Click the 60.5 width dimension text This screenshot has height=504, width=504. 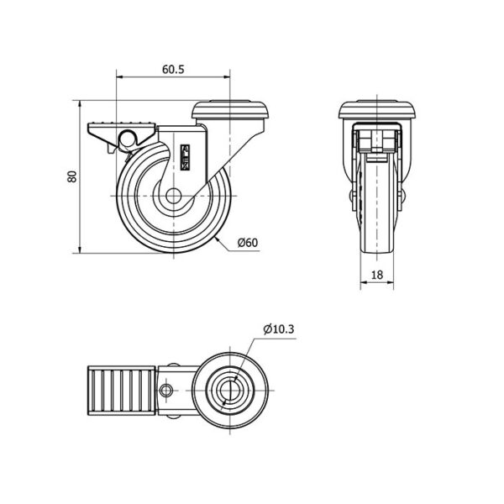click(173, 69)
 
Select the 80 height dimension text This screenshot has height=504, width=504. click(72, 176)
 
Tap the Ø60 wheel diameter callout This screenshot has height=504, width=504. click(248, 243)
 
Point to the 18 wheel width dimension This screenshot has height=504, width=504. click(377, 275)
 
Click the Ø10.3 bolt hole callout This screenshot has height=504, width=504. click(279, 329)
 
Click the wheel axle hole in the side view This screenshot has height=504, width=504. click(174, 196)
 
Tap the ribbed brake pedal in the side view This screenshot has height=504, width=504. click(122, 129)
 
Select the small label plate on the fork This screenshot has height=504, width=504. click(186, 157)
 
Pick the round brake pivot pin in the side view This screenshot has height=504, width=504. click(129, 139)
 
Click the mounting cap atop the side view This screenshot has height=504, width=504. click(229, 110)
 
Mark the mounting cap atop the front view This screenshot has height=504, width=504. click(377, 110)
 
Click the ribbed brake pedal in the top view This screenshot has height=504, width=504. click(123, 391)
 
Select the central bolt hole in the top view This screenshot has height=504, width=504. click(230, 391)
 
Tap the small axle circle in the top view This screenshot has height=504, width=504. click(165, 391)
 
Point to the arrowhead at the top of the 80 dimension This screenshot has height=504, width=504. click(80, 104)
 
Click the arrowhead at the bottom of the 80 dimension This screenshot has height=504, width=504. click(80, 249)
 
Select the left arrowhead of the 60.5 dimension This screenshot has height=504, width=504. click(120, 76)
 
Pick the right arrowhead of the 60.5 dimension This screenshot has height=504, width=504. click(227, 76)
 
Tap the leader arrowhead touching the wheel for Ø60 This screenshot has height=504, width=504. click(217, 239)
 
